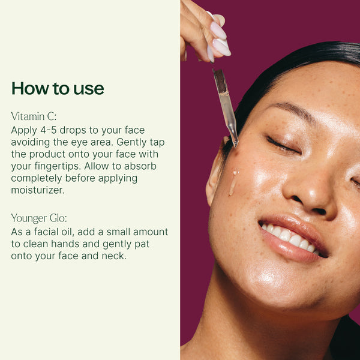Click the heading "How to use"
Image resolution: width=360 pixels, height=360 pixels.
coord(58,89)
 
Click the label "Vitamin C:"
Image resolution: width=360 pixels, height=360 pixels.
coord(34,116)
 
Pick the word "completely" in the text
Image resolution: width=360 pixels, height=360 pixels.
coord(40,178)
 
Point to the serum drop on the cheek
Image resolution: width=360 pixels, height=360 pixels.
coord(233,182)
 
